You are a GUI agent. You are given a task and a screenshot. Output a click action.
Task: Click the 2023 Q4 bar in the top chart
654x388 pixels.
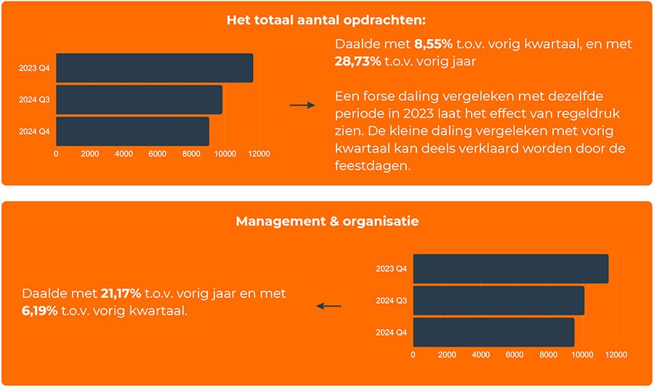click(154, 68)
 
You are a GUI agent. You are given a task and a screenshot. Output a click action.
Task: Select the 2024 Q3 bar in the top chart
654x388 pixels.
click(139, 100)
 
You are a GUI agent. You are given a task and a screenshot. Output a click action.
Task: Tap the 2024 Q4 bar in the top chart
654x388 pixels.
click(132, 132)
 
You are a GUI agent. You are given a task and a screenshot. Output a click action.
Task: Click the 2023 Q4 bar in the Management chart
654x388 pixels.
click(510, 269)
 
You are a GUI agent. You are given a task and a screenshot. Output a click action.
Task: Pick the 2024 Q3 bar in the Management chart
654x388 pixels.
click(498, 300)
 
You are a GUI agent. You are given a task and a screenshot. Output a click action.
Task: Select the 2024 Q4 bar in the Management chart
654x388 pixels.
click(493, 332)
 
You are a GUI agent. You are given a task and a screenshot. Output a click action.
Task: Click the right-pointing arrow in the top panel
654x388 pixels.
click(302, 105)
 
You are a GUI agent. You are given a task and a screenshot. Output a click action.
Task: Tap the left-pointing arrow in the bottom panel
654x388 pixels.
click(328, 306)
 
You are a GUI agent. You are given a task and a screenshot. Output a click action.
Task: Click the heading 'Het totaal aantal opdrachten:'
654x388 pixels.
click(326, 20)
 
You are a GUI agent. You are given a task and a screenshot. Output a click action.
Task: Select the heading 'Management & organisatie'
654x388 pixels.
click(327, 221)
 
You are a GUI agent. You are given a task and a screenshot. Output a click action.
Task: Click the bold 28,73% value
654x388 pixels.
click(358, 61)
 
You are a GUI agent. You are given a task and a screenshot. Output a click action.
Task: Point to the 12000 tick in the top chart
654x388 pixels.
click(259, 154)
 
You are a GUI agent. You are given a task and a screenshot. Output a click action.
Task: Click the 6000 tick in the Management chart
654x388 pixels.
click(514, 355)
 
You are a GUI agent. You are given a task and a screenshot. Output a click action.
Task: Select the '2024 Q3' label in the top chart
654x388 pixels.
click(34, 100)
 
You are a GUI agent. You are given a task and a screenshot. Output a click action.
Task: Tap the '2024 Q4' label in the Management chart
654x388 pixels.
click(391, 332)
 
